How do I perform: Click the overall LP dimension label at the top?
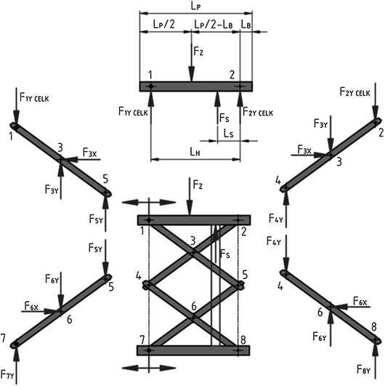tap(195, 6)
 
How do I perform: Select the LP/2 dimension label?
tap(163, 25)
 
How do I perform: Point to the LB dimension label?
tap(247, 25)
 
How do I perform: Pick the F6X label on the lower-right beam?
tap(358, 300)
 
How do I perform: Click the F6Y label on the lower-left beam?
tap(52, 279)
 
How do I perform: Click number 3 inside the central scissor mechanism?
tap(192, 241)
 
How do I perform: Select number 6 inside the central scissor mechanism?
tap(192, 306)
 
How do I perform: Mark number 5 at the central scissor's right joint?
tap(246, 275)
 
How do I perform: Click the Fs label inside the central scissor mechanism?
tap(225, 254)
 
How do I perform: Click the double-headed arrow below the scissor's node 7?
tap(149, 367)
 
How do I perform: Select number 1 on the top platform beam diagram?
tap(150, 74)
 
